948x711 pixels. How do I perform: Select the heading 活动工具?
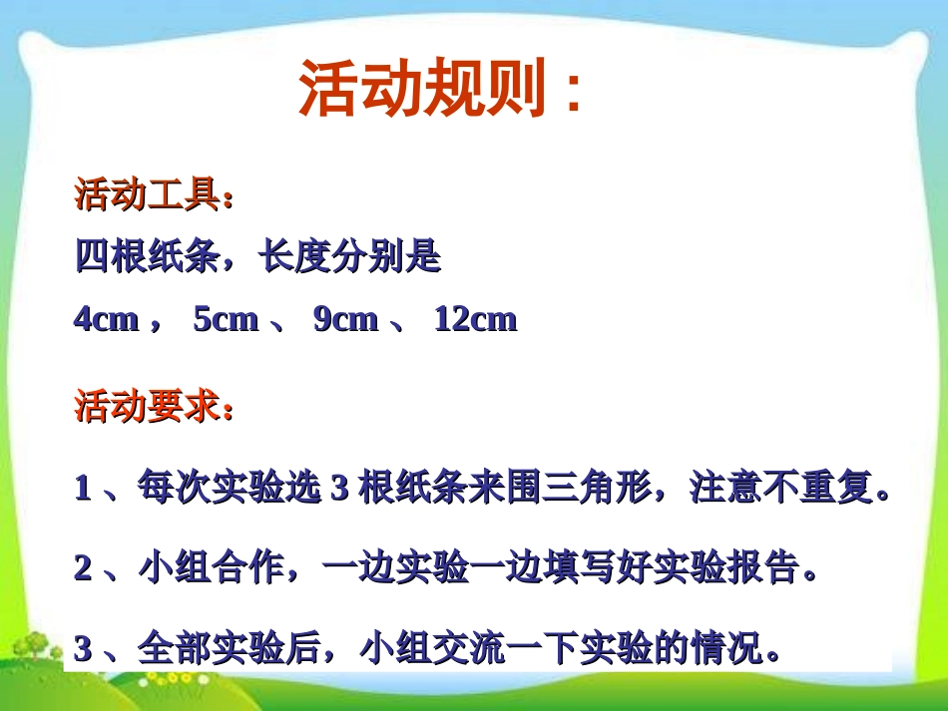(148, 194)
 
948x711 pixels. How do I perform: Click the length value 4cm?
(106, 319)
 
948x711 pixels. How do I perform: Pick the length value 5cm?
(226, 319)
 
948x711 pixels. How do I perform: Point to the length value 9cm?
(345, 319)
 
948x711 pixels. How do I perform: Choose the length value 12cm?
(475, 319)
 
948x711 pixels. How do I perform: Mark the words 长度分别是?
(349, 257)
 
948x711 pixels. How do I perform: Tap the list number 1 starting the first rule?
(84, 490)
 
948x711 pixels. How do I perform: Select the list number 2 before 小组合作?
(84, 568)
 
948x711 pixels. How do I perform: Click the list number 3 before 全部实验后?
(84, 650)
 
